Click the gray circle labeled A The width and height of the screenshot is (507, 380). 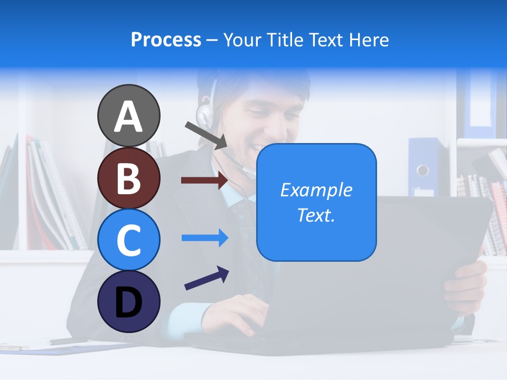[x=128, y=116]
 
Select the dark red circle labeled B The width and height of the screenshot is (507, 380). [x=128, y=178]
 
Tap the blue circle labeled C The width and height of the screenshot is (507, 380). [x=128, y=240]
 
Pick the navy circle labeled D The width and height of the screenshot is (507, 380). [x=128, y=301]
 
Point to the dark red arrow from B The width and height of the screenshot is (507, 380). [x=204, y=180]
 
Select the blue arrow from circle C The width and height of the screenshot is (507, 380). [x=204, y=238]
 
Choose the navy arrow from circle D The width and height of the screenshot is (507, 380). [x=206, y=278]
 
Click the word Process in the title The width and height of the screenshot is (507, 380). [x=166, y=40]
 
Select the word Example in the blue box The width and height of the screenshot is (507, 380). [x=316, y=190]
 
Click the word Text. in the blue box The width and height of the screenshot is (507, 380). [x=316, y=215]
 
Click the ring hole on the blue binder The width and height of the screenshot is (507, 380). [x=422, y=170]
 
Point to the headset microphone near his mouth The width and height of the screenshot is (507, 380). [x=248, y=170]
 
